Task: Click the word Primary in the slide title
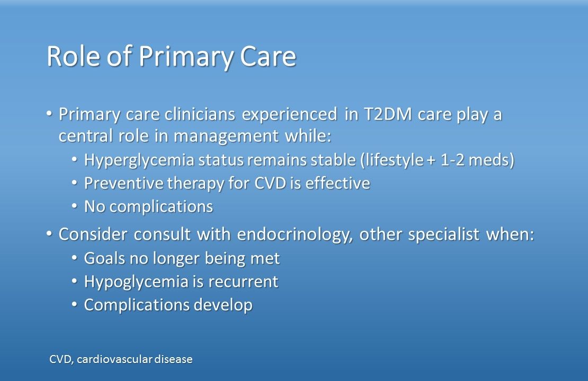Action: tap(185, 57)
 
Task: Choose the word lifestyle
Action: tap(395, 160)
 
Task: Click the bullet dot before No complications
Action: tap(75, 206)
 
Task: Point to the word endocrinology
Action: tap(295, 235)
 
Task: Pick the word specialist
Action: tap(443, 235)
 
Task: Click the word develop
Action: tap(222, 305)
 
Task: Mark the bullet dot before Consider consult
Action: tap(49, 234)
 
